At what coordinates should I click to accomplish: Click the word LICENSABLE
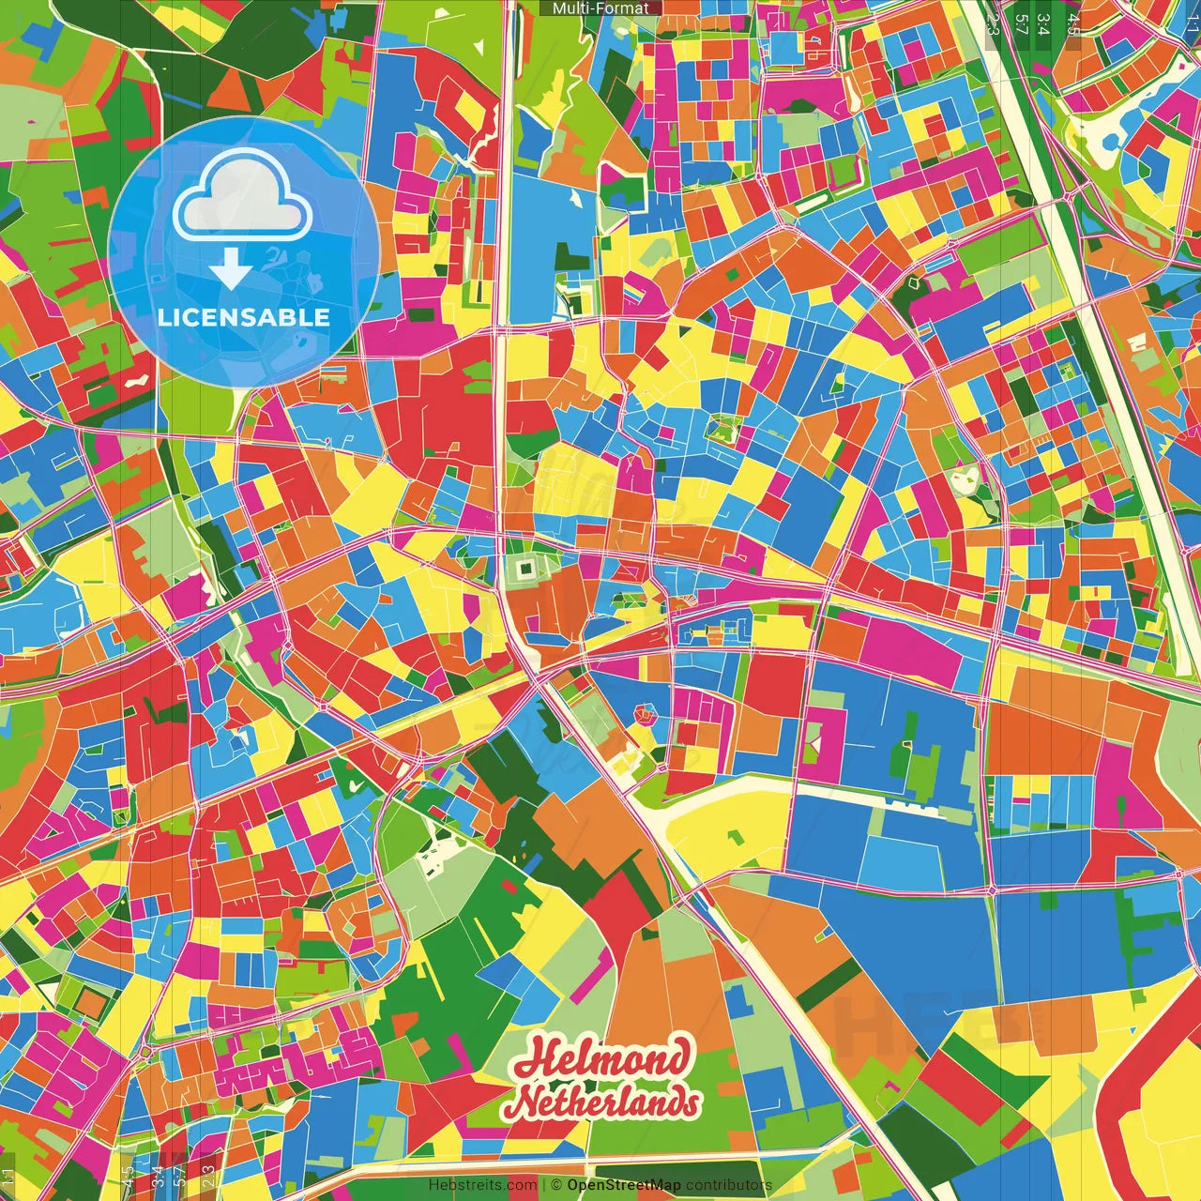click(x=244, y=317)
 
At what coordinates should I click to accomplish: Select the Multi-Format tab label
click(x=600, y=8)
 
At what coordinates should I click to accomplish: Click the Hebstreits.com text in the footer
click(x=482, y=1185)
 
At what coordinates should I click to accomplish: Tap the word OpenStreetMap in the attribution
click(x=623, y=1185)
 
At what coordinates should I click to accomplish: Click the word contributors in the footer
click(x=728, y=1185)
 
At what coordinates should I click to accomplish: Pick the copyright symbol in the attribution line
click(x=555, y=1185)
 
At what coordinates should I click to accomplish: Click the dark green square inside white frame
click(x=524, y=567)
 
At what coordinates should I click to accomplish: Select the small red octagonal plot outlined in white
click(x=646, y=715)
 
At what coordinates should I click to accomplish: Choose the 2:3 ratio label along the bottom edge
click(x=207, y=1175)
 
